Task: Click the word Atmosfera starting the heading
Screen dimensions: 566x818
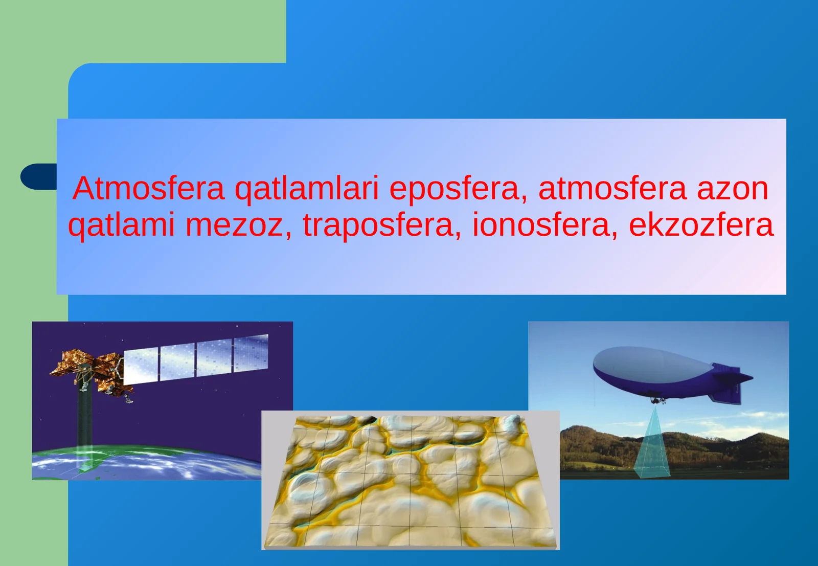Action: (x=148, y=188)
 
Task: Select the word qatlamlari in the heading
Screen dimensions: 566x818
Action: (x=306, y=189)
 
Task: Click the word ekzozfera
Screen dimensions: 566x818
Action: (x=701, y=225)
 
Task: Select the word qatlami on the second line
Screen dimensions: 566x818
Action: (x=121, y=226)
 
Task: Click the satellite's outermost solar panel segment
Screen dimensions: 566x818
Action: (x=251, y=352)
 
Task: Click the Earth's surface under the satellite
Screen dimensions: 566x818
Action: (x=143, y=463)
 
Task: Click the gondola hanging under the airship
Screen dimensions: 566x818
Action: (x=657, y=400)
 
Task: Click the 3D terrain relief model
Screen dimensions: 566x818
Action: (x=409, y=481)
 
